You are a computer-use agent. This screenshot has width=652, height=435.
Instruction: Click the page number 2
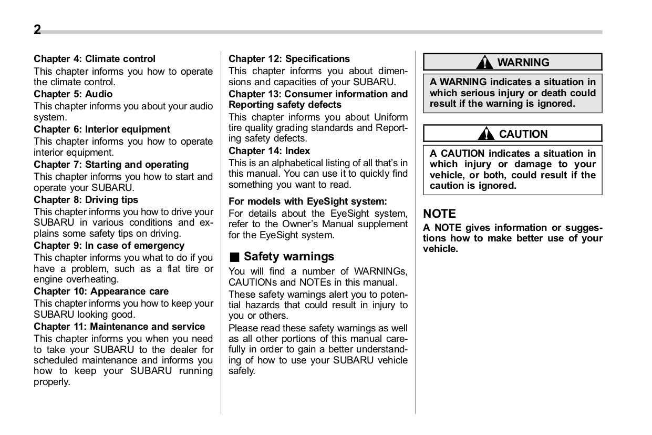(37, 30)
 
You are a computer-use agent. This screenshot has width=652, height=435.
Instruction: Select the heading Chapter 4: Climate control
(95, 59)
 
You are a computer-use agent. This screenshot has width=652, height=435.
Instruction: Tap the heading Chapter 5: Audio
(73, 94)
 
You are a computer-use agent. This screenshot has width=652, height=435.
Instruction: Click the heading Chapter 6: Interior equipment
(102, 129)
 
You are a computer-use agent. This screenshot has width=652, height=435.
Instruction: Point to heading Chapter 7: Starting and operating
(111, 165)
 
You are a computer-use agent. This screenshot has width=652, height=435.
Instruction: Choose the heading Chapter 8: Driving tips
(86, 200)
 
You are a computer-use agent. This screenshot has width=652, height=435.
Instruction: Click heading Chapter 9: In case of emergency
(109, 246)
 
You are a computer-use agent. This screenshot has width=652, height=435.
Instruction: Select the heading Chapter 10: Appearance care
(101, 291)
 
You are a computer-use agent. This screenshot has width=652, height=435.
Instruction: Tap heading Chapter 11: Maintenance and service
(119, 327)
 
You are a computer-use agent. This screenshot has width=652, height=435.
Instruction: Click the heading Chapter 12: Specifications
(289, 59)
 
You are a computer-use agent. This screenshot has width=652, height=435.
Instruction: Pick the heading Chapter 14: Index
(270, 151)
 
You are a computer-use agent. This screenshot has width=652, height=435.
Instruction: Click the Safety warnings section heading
(289, 257)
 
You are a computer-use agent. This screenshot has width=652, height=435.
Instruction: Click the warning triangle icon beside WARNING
(484, 63)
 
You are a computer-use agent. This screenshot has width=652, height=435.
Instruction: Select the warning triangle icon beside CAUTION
(487, 134)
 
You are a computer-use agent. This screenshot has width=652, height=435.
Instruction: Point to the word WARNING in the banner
(523, 63)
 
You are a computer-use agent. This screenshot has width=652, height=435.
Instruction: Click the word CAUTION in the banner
(523, 134)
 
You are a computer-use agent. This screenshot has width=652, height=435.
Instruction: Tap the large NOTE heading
(440, 214)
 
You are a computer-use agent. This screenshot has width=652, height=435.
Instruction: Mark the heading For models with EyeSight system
(307, 201)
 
